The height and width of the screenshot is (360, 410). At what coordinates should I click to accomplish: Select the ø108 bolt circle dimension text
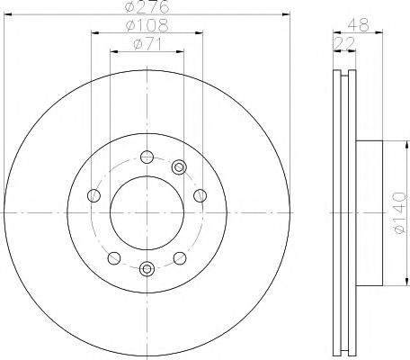tap(147, 27)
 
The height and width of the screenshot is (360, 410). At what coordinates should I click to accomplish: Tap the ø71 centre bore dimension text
tap(147, 45)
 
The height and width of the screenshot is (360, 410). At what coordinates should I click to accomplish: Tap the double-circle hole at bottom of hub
tap(147, 267)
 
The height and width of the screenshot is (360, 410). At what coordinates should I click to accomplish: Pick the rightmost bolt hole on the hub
tap(200, 195)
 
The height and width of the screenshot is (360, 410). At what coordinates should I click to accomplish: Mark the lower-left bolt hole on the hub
tap(112, 258)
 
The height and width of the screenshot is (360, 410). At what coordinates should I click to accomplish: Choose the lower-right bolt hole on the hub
tap(181, 258)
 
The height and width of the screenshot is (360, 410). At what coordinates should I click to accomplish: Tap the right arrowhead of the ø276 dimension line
tap(288, 15)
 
